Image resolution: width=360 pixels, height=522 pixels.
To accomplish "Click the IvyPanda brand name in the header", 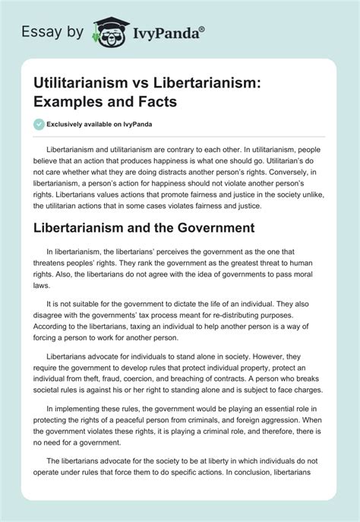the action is [x=159, y=32].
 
